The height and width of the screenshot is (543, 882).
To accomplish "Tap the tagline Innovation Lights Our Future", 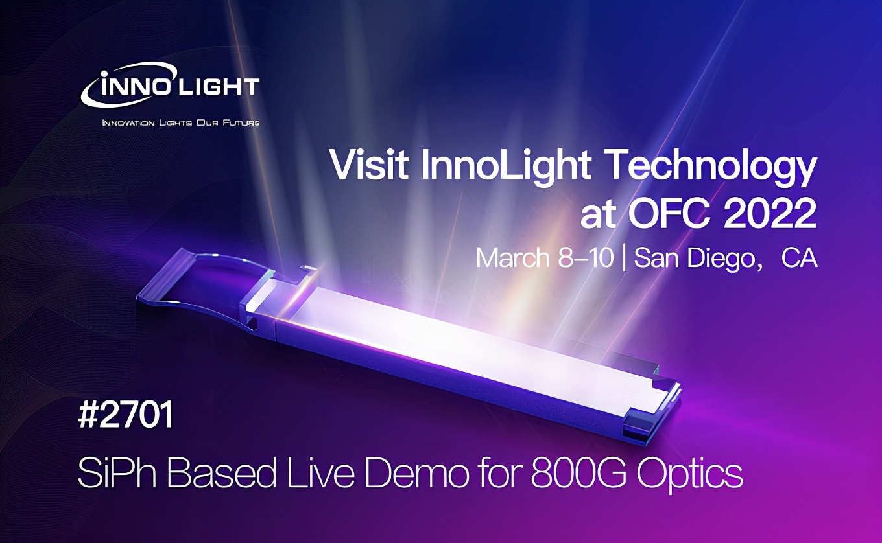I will click(x=181, y=122).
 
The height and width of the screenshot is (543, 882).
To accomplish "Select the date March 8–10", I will click(x=544, y=258).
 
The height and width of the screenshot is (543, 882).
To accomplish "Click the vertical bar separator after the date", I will click(x=623, y=258).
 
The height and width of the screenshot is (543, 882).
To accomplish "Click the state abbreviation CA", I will click(x=799, y=258).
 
